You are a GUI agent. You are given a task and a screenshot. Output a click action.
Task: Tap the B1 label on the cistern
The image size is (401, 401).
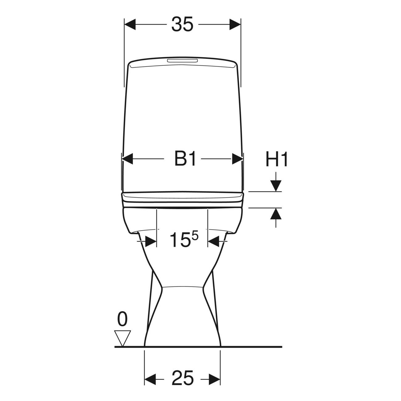(185, 159)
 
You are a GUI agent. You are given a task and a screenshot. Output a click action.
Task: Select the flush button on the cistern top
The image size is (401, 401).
(182, 61)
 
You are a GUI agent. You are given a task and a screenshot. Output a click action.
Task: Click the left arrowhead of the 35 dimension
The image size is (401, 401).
(130, 24)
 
